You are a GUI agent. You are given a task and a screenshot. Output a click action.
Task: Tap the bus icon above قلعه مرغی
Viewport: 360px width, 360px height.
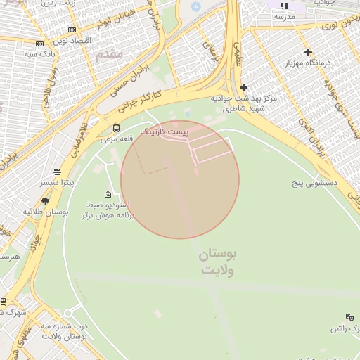click(116, 128)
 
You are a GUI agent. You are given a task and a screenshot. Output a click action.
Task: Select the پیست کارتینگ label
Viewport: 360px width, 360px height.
click(165, 131)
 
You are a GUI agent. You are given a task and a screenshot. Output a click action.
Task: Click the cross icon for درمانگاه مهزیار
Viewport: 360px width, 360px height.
click(308, 52)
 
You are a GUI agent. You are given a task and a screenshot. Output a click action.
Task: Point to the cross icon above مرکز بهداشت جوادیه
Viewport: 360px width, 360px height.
click(243, 87)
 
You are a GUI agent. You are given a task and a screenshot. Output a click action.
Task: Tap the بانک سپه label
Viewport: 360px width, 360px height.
click(39, 53)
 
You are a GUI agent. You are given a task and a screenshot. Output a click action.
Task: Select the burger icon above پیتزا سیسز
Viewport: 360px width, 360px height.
click(57, 172)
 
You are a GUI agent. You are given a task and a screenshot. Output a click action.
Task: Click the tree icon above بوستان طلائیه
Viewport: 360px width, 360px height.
click(46, 200)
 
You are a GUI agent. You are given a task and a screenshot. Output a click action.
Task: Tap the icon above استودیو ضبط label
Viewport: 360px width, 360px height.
click(108, 195)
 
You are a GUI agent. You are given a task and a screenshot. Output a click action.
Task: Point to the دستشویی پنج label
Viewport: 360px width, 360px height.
click(316, 182)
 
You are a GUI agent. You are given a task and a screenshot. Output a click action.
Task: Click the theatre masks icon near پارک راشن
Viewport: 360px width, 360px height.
click(350, 317)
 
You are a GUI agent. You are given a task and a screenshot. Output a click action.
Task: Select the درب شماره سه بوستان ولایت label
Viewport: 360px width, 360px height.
click(64, 332)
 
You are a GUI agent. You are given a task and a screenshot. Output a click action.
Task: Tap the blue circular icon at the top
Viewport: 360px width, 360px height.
click(195, 8)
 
